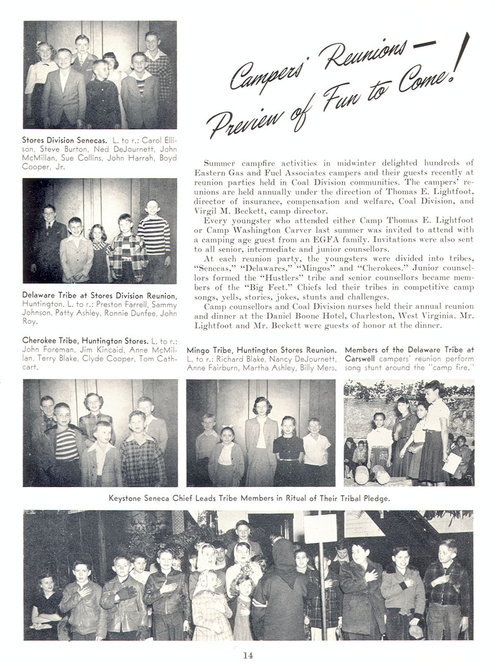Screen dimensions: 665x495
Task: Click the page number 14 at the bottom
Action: [x=248, y=654]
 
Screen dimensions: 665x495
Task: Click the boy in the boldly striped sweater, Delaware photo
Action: [x=153, y=240]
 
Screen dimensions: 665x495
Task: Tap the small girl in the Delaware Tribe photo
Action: [x=99, y=252]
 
